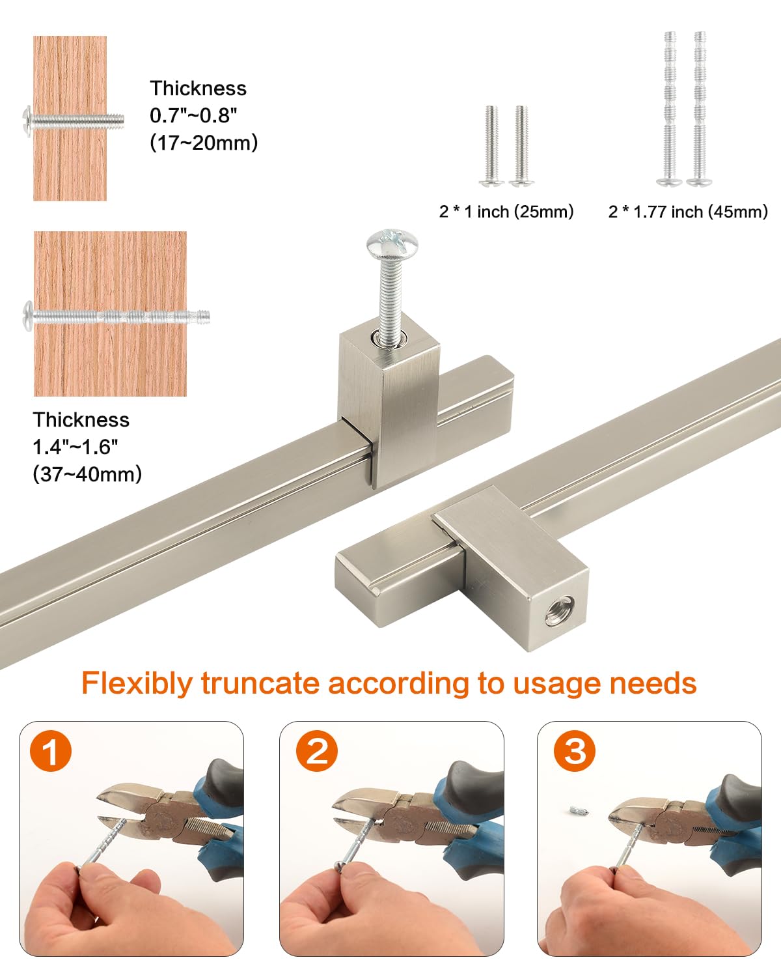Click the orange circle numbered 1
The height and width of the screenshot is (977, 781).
(51, 750)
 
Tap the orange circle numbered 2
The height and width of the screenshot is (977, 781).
(317, 750)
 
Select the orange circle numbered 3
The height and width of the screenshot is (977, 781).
(575, 750)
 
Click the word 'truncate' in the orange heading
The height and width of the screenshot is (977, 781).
(260, 683)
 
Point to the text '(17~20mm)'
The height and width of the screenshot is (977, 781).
(204, 143)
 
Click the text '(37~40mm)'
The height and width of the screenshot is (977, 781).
(87, 474)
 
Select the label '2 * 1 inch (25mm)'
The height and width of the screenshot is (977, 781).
(506, 212)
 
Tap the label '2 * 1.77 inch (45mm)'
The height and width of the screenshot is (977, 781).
(688, 212)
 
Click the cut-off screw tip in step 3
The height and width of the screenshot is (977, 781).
(579, 810)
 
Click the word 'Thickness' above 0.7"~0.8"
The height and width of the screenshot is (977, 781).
(199, 88)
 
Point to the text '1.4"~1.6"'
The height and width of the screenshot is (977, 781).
(75, 447)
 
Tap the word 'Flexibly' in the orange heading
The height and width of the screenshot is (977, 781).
(137, 684)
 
